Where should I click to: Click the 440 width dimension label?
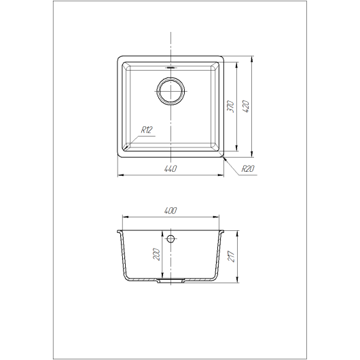click(170, 168)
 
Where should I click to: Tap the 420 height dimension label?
click(246, 107)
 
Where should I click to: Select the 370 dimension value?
click(230, 107)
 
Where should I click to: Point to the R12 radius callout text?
click(147, 130)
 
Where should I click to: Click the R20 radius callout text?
click(248, 168)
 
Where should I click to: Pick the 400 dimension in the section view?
click(170, 211)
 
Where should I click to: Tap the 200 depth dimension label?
click(156, 254)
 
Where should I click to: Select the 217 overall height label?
click(231, 257)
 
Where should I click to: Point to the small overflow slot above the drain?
click(170, 67)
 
